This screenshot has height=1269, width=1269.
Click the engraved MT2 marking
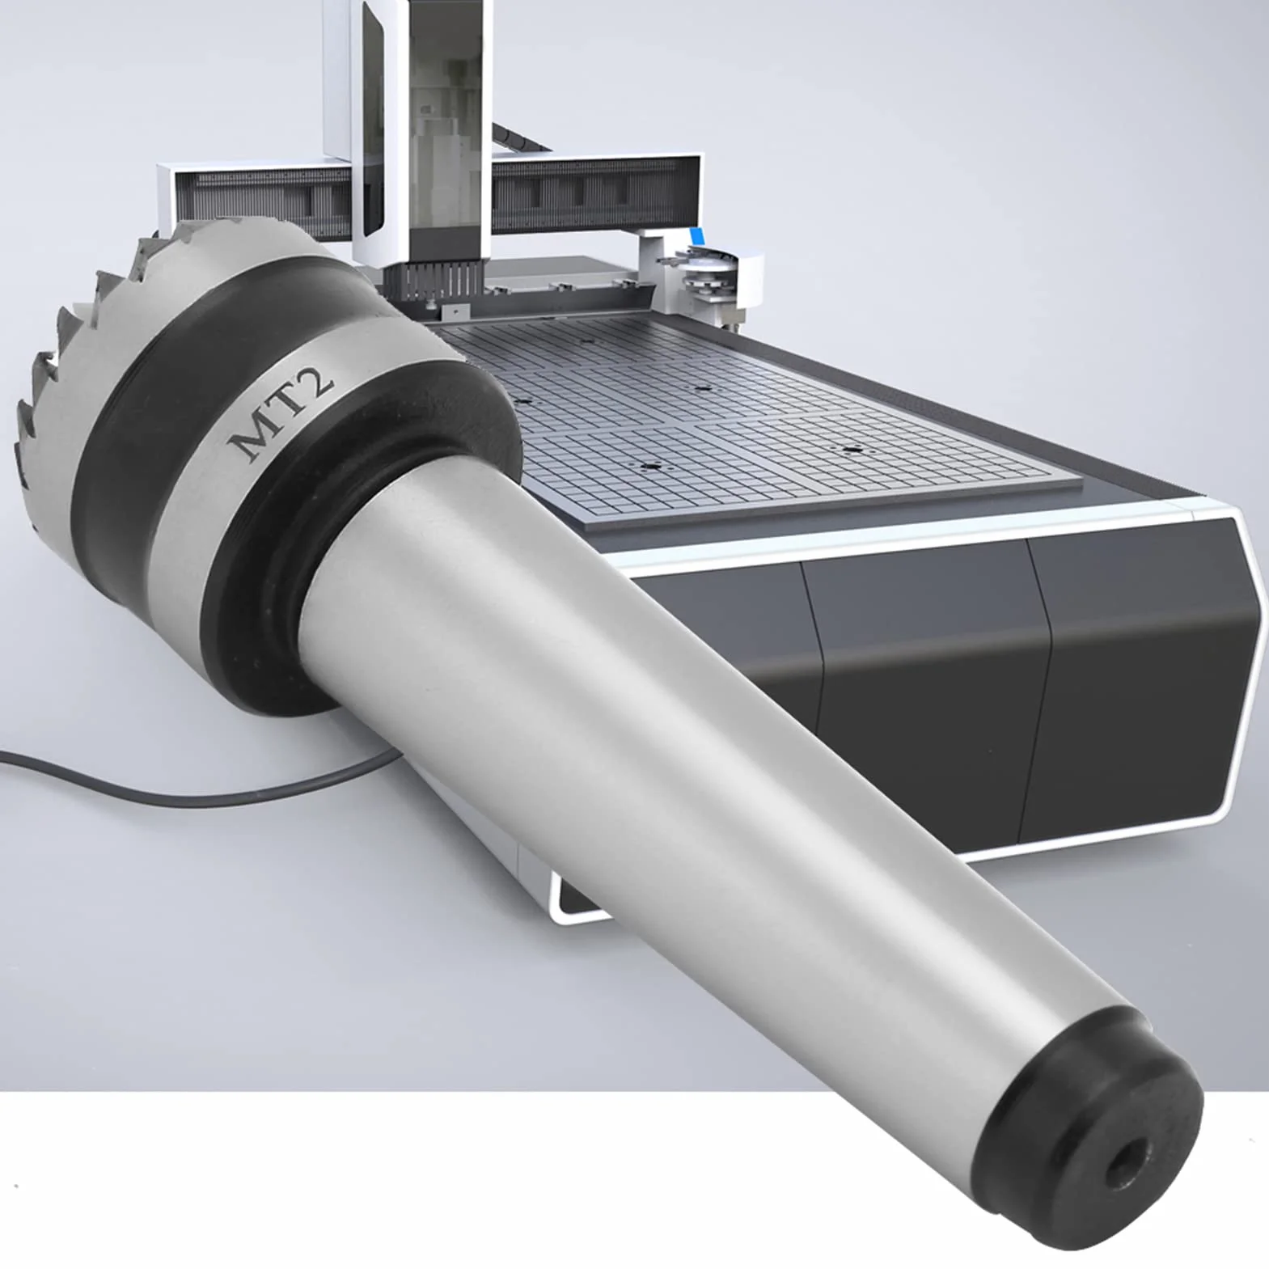click(x=280, y=414)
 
